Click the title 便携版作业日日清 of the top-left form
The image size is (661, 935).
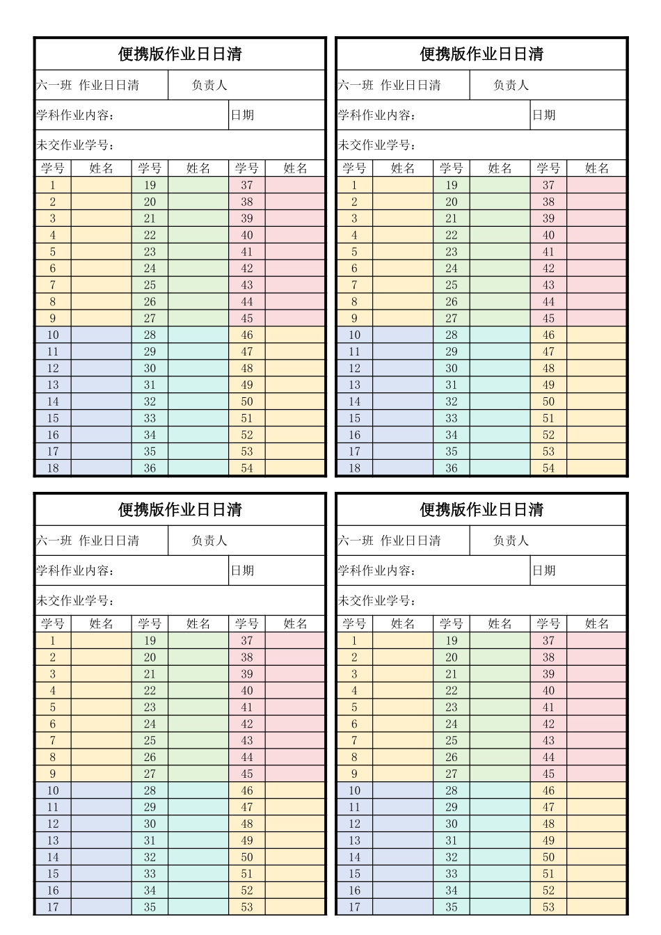pyautogui.click(x=180, y=54)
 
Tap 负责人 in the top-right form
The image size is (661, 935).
pyautogui.click(x=511, y=86)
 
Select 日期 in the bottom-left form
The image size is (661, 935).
pyautogui.click(x=242, y=570)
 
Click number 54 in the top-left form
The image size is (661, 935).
pyautogui.click(x=247, y=468)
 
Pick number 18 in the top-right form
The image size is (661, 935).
pyautogui.click(x=354, y=468)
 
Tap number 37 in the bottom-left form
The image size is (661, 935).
pyautogui.click(x=247, y=641)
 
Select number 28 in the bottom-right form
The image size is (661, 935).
pyautogui.click(x=452, y=790)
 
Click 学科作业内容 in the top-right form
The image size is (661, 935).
pyautogui.click(x=376, y=115)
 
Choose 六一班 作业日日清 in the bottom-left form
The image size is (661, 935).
pyautogui.click(x=88, y=541)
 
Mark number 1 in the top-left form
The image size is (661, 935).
pyautogui.click(x=53, y=185)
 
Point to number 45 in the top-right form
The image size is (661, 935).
pyautogui.click(x=548, y=318)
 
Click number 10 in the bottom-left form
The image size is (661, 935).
pyautogui.click(x=53, y=790)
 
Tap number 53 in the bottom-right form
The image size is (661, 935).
pyautogui.click(x=548, y=906)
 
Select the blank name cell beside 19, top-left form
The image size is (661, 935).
pyautogui.click(x=198, y=185)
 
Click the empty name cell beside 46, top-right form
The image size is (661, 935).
pyautogui.click(x=596, y=335)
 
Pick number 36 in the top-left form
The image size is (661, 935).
pyautogui.click(x=150, y=468)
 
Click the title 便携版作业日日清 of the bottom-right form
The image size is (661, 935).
pyautogui.click(x=481, y=510)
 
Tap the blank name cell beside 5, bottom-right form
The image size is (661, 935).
pyautogui.click(x=402, y=708)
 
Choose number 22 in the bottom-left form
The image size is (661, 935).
pyautogui.click(x=150, y=691)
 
